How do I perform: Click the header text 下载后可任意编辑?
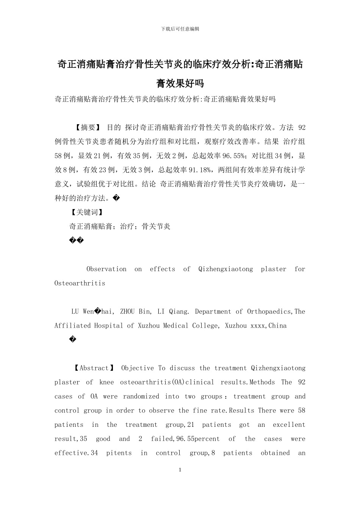[x=180, y=29]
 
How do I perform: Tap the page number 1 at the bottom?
[x=180, y=470]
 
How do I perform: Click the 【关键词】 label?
[x=87, y=212]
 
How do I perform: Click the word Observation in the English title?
[x=106, y=269]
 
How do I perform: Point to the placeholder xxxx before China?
[x=258, y=326]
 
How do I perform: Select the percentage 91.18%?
[x=203, y=170]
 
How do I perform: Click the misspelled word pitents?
[x=119, y=453]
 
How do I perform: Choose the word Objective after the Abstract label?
[x=138, y=368]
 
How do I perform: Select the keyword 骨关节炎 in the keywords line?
[x=156, y=226]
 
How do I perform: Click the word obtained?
[x=275, y=453]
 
